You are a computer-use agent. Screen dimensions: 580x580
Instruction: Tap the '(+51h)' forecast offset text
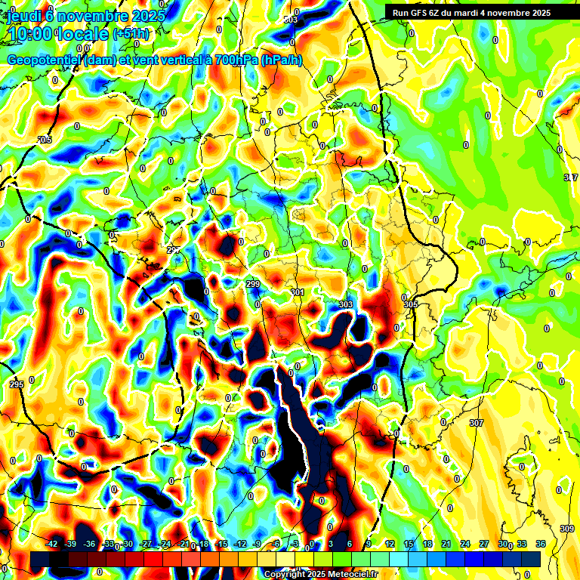(x=131, y=34)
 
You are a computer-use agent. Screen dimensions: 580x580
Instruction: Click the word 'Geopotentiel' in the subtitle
(x=45, y=60)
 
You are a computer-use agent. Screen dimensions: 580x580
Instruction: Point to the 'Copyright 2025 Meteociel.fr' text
(x=320, y=574)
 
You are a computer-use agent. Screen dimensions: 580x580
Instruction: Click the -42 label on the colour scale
(x=52, y=544)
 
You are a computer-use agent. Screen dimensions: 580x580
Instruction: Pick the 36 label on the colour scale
(x=541, y=544)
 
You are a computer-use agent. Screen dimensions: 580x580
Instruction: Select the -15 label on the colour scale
(x=221, y=544)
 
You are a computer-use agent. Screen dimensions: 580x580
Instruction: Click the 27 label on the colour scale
(x=484, y=544)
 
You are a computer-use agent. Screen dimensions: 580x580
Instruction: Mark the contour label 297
(x=174, y=250)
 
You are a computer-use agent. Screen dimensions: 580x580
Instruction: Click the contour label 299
(x=253, y=284)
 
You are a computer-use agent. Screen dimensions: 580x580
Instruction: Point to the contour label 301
(x=297, y=292)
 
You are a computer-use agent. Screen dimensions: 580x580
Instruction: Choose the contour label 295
(x=17, y=385)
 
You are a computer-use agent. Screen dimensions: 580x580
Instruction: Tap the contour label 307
(x=476, y=423)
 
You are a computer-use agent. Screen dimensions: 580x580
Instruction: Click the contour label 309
(x=568, y=529)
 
